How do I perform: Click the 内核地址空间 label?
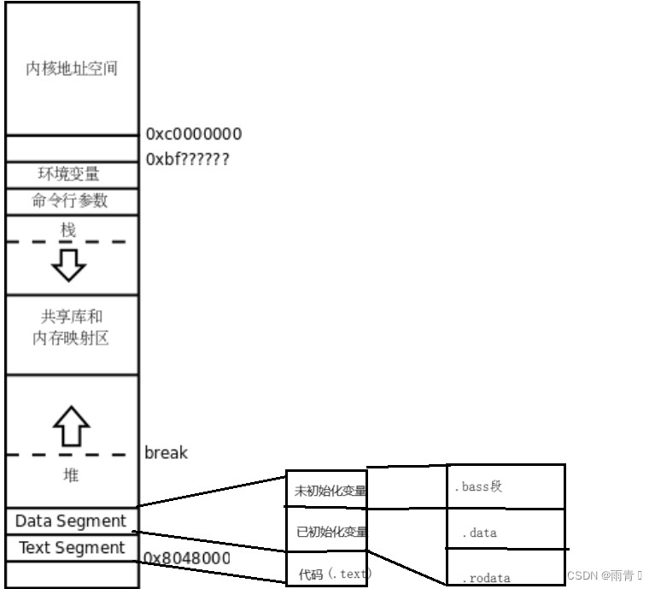point(71,68)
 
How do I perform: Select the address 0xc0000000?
point(194,134)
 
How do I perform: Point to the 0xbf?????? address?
point(188,159)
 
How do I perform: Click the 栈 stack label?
point(68,229)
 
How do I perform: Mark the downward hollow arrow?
point(68,265)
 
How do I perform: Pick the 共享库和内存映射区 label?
point(71,327)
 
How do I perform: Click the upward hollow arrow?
point(71,425)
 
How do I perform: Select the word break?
point(166,452)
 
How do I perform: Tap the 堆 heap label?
point(72,474)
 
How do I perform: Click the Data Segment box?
point(71,521)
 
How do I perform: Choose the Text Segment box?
point(72,548)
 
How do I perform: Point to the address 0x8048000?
point(186,558)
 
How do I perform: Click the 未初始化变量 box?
point(329,491)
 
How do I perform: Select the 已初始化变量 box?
point(329,533)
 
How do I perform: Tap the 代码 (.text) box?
point(329,574)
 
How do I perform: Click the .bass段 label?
point(479,486)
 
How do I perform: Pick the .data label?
point(479,533)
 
